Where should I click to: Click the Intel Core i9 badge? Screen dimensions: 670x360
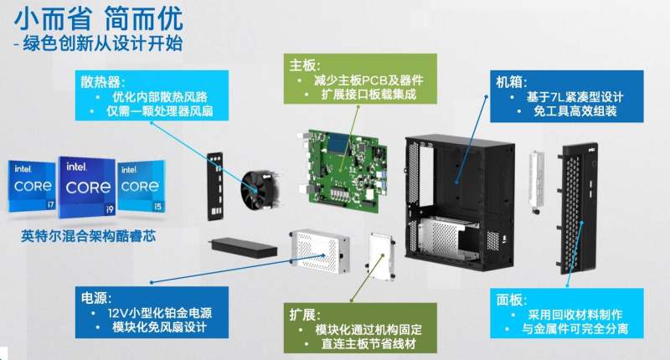88,187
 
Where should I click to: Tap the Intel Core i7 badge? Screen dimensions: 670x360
32,186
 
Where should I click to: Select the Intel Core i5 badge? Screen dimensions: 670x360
141,187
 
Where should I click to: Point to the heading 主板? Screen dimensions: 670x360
304,65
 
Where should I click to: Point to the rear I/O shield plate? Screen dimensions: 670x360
215,186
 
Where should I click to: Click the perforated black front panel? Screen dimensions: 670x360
577,208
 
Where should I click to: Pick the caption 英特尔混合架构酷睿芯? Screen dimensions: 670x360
88,236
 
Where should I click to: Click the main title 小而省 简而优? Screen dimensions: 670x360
99,18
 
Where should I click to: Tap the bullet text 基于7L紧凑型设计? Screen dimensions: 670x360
575,97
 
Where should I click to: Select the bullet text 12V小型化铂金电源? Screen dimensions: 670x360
160,313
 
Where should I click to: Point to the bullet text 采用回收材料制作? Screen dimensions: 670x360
575,315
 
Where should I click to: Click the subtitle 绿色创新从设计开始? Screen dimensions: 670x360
102,44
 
